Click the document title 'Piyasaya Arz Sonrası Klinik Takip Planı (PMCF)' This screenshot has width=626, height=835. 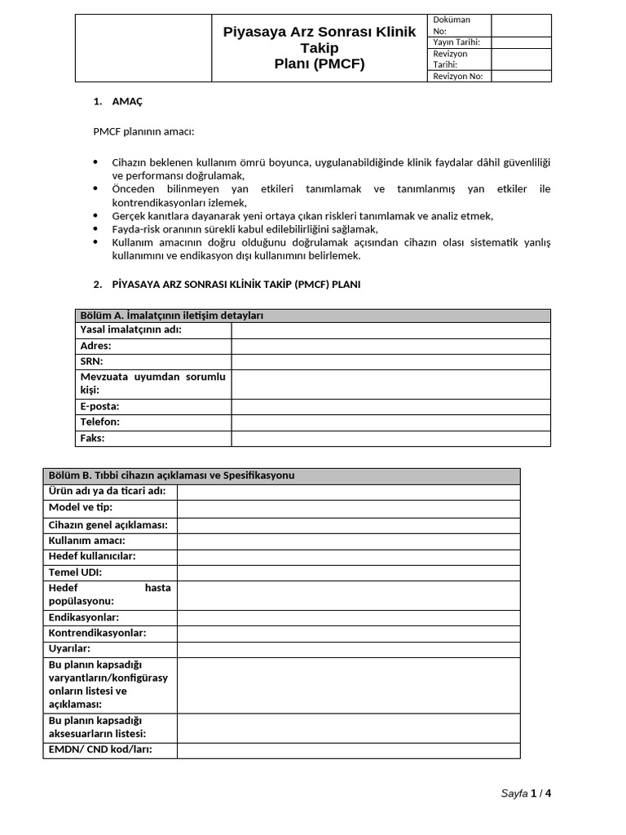pyautogui.click(x=319, y=48)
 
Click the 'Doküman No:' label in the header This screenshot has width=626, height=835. pyautogui.click(x=451, y=25)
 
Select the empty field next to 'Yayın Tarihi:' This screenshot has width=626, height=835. pyautogui.click(x=521, y=42)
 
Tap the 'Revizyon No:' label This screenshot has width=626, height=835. pyautogui.click(x=458, y=76)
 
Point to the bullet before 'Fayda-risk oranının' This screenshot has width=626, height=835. pyautogui.click(x=95, y=229)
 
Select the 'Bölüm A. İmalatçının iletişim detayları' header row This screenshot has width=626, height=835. pyautogui.click(x=312, y=316)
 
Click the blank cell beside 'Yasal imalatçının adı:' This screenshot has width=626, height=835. pyautogui.click(x=390, y=330)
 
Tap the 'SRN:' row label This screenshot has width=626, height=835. pyautogui.click(x=92, y=361)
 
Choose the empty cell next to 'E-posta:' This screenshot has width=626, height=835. pyautogui.click(x=390, y=406)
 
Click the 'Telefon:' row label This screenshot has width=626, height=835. pyautogui.click(x=100, y=422)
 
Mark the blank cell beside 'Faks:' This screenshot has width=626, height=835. pyautogui.click(x=390, y=438)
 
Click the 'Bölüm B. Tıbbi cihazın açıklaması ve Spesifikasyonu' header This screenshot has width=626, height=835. pyautogui.click(x=281, y=475)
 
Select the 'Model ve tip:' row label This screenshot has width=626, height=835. pyautogui.click(x=81, y=507)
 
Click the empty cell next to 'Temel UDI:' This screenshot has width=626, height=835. pyautogui.click(x=348, y=572)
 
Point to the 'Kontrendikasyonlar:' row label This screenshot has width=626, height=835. pyautogui.click(x=97, y=633)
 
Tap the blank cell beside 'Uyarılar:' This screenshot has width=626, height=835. pyautogui.click(x=348, y=648)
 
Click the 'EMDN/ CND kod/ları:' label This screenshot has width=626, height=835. pyautogui.click(x=100, y=749)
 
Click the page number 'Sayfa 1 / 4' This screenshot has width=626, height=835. pyautogui.click(x=531, y=793)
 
